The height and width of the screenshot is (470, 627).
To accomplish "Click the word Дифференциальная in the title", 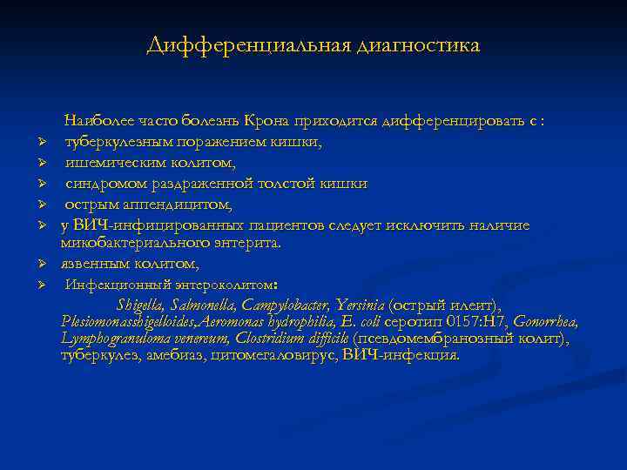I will [247, 44].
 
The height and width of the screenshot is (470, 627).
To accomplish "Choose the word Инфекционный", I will [114, 284].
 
